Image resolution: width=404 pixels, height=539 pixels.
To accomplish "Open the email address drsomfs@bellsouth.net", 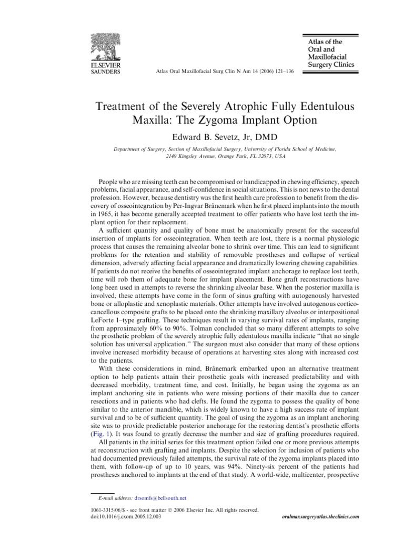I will (160, 497).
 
